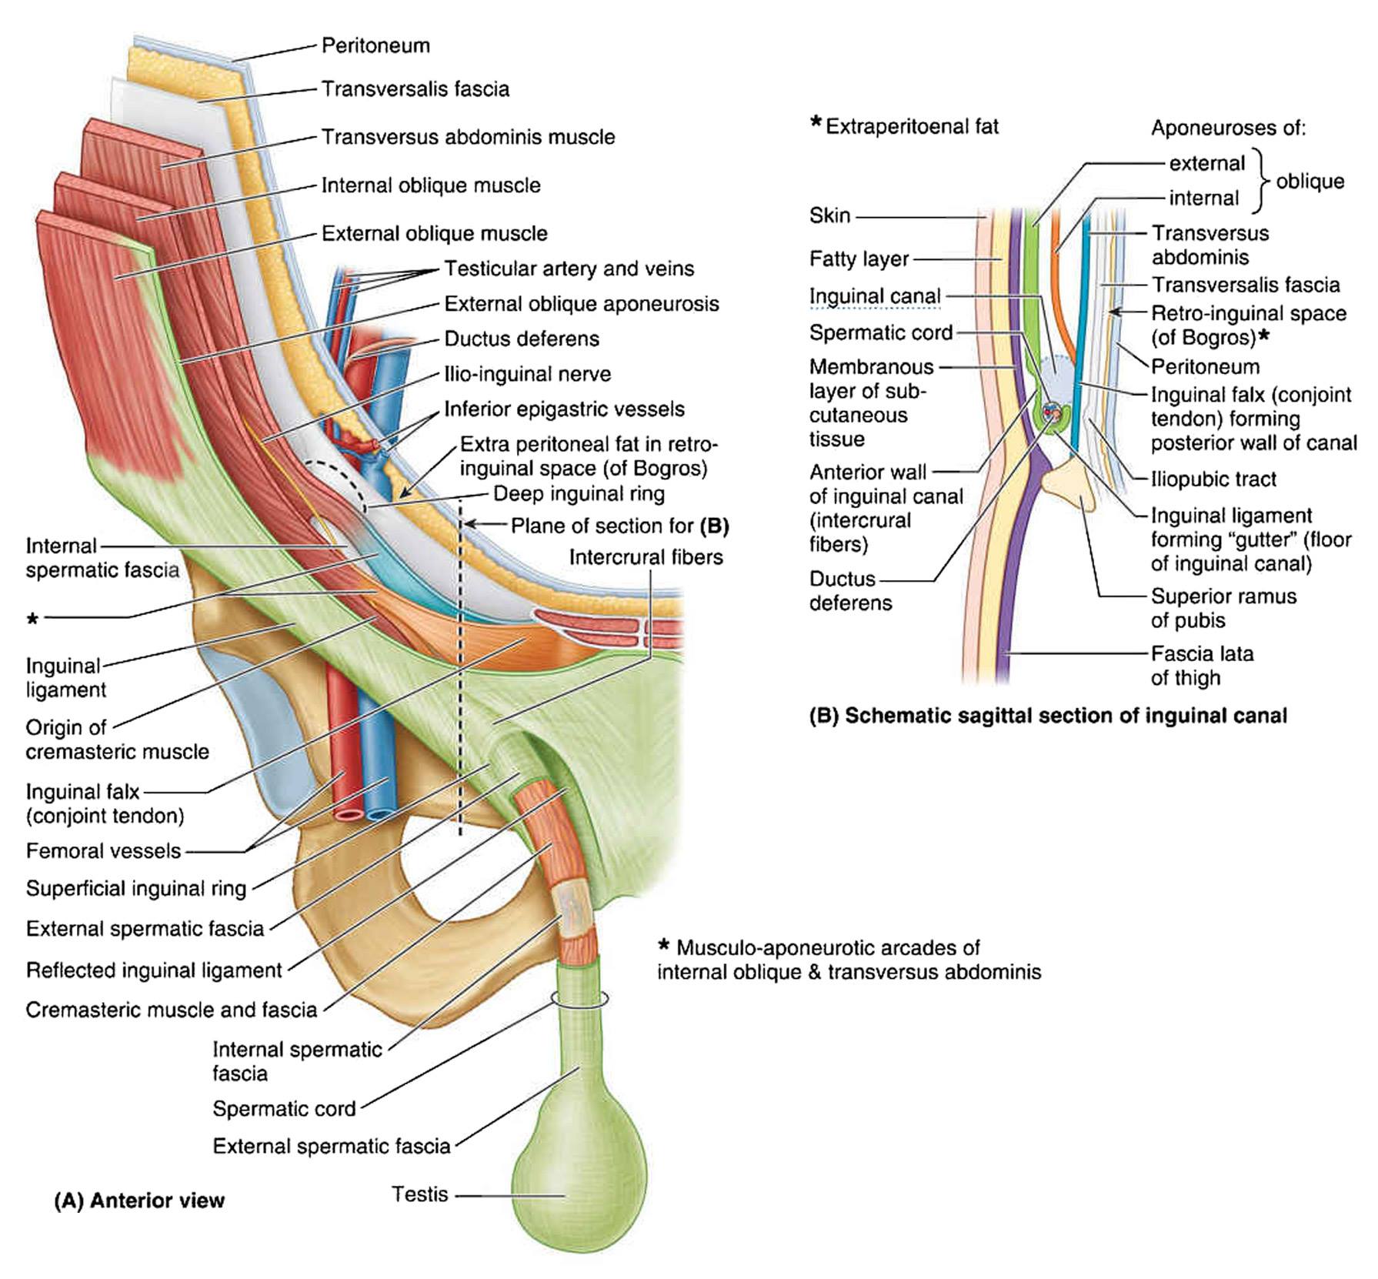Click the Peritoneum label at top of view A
pyautogui.click(x=375, y=45)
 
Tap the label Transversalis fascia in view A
pyautogui.click(x=415, y=89)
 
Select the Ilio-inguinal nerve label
pyautogui.click(x=528, y=374)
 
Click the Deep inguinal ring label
pyautogui.click(x=579, y=493)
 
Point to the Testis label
pyautogui.click(x=420, y=1194)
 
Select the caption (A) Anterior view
pyautogui.click(x=139, y=1201)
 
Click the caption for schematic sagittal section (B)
pyautogui.click(x=1048, y=716)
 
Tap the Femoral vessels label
pyautogui.click(x=104, y=851)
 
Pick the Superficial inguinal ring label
pyautogui.click(x=136, y=889)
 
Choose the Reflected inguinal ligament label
pyautogui.click(x=154, y=970)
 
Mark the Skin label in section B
pyautogui.click(x=830, y=215)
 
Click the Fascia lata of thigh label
pyautogui.click(x=1203, y=666)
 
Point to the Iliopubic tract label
pyautogui.click(x=1213, y=479)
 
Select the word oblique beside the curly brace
pyautogui.click(x=1310, y=182)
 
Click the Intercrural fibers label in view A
pyautogui.click(x=646, y=557)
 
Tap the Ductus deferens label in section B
pyautogui.click(x=850, y=590)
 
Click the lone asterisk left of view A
pyautogui.click(x=32, y=619)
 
